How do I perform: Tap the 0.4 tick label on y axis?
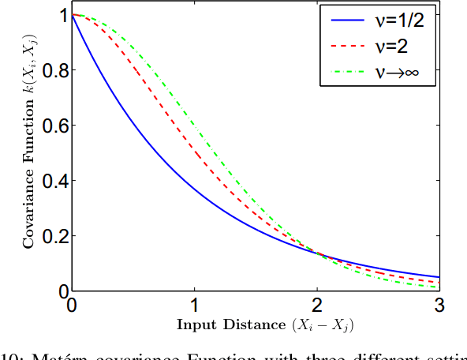point(51,182)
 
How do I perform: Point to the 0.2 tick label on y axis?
point(51,237)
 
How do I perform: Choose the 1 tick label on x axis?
point(195,305)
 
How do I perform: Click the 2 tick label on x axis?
point(317,305)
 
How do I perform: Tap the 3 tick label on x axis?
point(439,305)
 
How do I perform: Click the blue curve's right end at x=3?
point(439,277)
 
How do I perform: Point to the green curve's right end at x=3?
point(439,287)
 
